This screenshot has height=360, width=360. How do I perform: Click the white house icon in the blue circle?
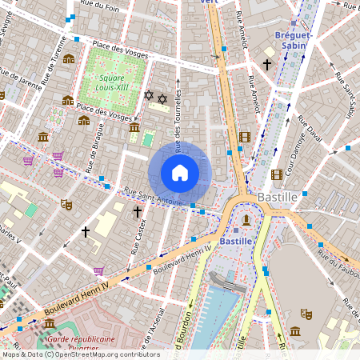click(180, 172)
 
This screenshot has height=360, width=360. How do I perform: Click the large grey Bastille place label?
click(278, 196)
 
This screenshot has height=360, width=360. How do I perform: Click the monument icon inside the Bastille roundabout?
click(247, 219)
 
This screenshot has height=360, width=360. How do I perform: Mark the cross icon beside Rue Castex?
click(137, 213)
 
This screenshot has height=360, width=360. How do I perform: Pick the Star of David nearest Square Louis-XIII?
click(148, 95)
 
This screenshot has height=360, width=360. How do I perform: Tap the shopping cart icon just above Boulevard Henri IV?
click(98, 271)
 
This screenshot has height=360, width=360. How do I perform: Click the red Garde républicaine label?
click(80, 339)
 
